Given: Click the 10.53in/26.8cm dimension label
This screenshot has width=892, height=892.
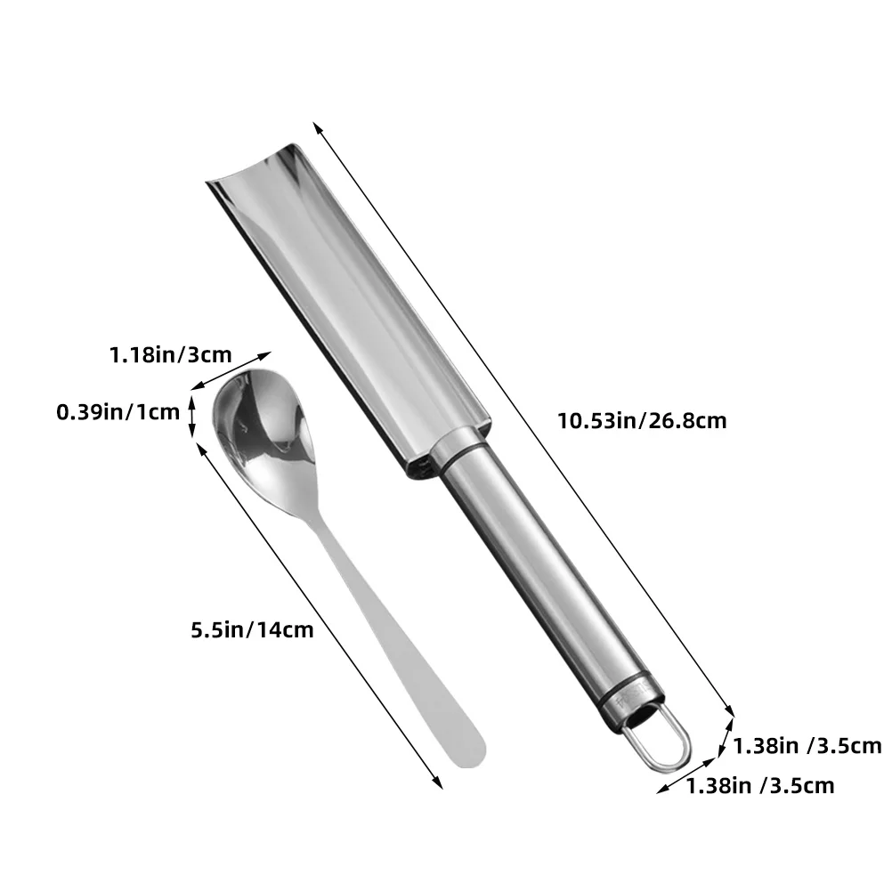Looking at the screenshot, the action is click(x=641, y=421).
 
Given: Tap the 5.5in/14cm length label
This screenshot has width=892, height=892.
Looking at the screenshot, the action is click(x=252, y=629).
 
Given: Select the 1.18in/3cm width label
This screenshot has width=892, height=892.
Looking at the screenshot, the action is click(x=171, y=355).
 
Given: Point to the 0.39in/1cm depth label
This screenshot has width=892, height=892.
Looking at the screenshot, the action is click(x=118, y=411).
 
